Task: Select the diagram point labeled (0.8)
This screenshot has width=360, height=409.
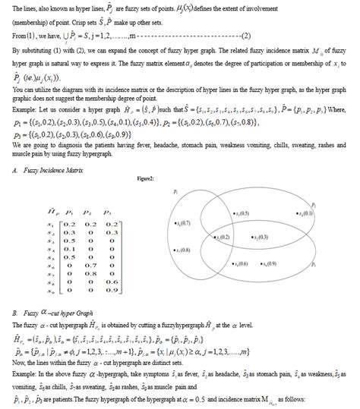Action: (x=182, y=250)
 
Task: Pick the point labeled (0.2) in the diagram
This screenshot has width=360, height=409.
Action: (x=221, y=238)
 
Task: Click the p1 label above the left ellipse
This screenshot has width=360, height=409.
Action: (x=176, y=193)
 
